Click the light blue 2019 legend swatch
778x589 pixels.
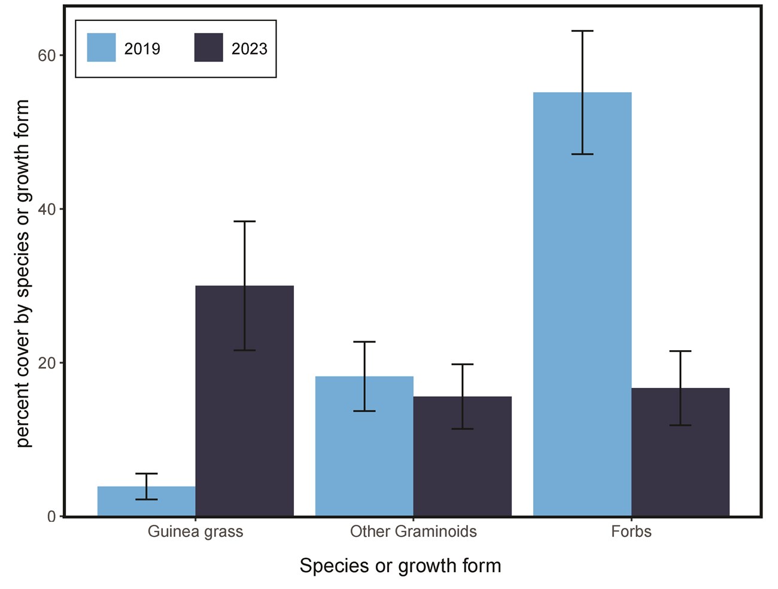[x=101, y=48]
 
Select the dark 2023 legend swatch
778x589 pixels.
[x=208, y=48]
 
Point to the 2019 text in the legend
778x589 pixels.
[x=142, y=49]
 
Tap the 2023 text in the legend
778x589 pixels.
[x=249, y=49]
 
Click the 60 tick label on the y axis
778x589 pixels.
[x=46, y=56]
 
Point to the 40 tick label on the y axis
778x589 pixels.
[x=46, y=210]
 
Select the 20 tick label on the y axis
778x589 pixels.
[x=46, y=363]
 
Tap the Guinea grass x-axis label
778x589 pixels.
[x=195, y=532]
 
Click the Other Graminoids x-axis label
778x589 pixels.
[x=413, y=532]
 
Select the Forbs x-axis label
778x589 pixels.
[x=631, y=532]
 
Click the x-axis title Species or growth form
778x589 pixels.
[x=400, y=566]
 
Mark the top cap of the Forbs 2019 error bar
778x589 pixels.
[x=582, y=31]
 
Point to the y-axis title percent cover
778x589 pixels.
[x=22, y=273]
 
